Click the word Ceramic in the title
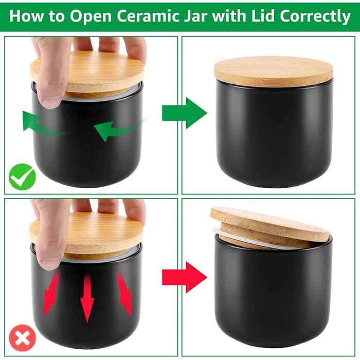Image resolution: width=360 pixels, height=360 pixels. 148,16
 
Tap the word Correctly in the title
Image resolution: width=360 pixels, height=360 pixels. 315,17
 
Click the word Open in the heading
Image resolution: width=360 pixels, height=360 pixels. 91,17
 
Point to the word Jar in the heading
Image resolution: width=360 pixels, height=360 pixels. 196,16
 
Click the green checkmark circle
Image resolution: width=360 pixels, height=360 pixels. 22,177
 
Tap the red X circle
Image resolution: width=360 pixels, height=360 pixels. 22,338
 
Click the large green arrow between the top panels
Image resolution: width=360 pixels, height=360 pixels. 185,113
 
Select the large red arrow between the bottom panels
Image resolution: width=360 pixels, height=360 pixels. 185,277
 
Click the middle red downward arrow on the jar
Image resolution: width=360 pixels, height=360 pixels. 87,298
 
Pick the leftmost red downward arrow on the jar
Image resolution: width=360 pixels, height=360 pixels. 51,294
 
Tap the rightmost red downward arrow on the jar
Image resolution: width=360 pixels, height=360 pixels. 124,294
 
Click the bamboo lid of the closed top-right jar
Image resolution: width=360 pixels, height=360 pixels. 274,71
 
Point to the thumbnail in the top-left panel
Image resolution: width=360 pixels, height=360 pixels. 51,101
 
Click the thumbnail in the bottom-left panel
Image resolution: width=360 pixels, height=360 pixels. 51,262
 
